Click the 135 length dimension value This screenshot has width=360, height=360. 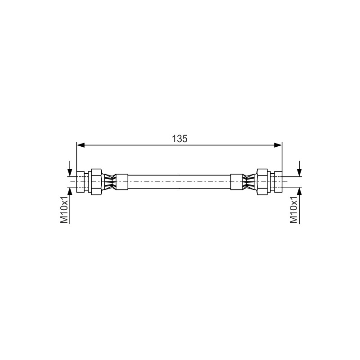pyautogui.click(x=180, y=139)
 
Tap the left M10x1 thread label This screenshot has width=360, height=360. pyautogui.click(x=64, y=210)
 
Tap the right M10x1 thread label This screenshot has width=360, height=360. pyautogui.click(x=294, y=210)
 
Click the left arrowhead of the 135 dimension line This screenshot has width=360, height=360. pyautogui.click(x=81, y=145)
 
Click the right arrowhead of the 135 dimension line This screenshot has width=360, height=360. pyautogui.click(x=278, y=145)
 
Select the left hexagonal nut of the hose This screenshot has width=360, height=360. pyautogui.click(x=96, y=182)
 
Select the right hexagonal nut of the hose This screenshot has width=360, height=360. pyautogui.click(x=262, y=182)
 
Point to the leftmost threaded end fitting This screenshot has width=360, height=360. pyautogui.click(x=81, y=182)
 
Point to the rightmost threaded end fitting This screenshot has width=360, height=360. pyautogui.click(x=278, y=182)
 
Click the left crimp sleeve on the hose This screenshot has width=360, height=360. pyautogui.click(x=121, y=182)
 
